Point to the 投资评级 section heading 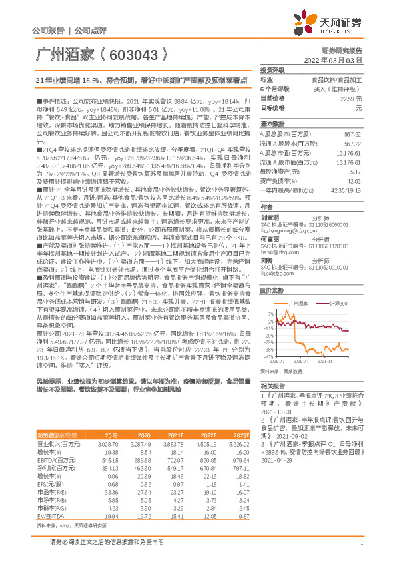(x=272, y=69)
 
